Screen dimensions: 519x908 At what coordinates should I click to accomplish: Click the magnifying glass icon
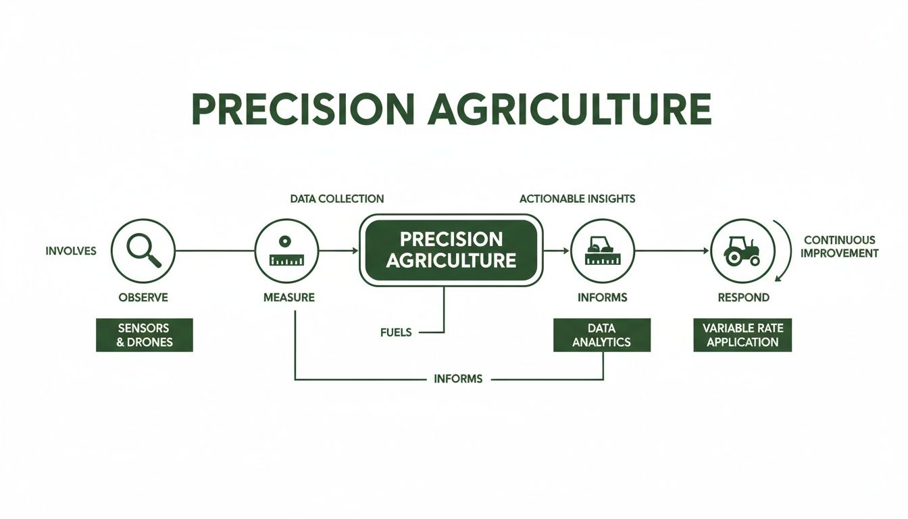tap(143, 251)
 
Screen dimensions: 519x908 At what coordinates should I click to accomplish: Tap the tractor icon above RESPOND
tap(742, 251)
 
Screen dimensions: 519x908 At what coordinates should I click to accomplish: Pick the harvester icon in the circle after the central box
tap(602, 251)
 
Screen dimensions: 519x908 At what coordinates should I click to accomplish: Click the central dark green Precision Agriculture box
tap(451, 249)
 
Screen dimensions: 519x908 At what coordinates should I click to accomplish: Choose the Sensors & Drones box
tap(144, 335)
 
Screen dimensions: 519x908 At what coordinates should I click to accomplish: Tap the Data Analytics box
tap(601, 335)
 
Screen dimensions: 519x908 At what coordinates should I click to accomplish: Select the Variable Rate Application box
tap(742, 335)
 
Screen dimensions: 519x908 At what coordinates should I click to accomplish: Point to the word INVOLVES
tap(71, 251)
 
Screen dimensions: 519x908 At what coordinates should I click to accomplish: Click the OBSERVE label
tap(143, 297)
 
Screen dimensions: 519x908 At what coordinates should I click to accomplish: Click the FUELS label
tap(396, 332)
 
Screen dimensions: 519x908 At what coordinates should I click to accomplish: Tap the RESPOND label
tap(743, 297)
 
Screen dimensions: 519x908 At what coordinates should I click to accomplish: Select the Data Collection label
tap(336, 199)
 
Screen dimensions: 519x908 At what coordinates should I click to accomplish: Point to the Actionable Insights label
tap(577, 199)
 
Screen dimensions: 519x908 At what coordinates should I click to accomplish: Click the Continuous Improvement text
tap(840, 247)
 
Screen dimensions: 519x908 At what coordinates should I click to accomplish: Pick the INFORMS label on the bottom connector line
tap(458, 379)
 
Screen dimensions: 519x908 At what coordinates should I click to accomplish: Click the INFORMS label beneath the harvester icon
tap(602, 297)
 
